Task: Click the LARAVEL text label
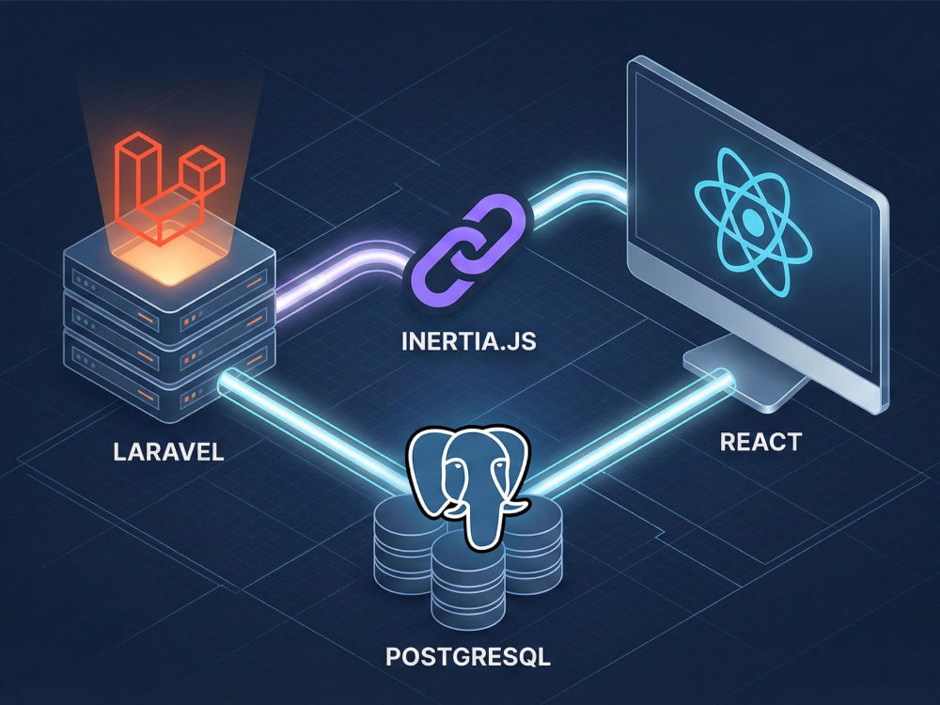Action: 168,451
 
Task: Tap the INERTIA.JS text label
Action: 468,341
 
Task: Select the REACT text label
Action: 760,442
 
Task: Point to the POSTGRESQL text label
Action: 467,656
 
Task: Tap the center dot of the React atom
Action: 754,223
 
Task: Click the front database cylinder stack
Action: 468,578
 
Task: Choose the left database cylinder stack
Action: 403,544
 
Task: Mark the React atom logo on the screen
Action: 754,223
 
